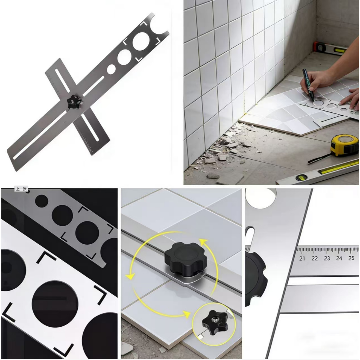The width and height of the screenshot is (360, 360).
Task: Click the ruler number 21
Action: [302, 258]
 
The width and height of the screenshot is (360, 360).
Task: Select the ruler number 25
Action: [351, 258]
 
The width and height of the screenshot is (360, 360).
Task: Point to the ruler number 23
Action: [327, 258]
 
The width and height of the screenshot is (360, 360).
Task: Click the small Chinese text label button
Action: [21, 189]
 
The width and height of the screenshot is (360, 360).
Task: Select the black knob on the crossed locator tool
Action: [75, 102]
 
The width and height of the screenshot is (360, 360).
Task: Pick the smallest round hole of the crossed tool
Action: [111, 69]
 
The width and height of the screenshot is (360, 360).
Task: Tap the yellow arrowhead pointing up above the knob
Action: [203, 242]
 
